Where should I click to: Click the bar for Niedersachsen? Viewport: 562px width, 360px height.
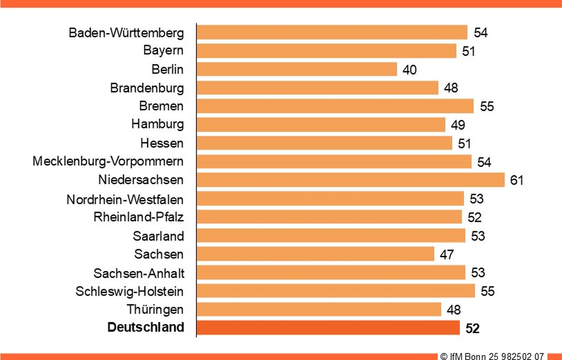click(350, 180)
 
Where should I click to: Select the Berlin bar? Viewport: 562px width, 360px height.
click(297, 69)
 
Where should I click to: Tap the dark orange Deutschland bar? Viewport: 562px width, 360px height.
click(328, 327)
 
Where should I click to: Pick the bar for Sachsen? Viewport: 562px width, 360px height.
click(315, 254)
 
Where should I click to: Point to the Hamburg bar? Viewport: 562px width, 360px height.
click(321, 124)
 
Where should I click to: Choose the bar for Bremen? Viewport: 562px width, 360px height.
click(335, 106)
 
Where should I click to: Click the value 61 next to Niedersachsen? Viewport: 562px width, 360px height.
click(516, 180)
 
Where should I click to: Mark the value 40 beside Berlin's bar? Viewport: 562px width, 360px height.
click(409, 70)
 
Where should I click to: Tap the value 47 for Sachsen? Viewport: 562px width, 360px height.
click(446, 254)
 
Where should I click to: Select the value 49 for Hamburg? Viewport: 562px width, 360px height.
click(458, 125)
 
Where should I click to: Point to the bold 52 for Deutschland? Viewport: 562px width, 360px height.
click(472, 328)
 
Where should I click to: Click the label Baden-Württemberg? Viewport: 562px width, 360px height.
click(126, 33)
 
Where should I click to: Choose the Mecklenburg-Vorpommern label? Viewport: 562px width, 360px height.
click(108, 161)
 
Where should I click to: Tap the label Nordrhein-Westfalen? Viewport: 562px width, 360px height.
click(125, 200)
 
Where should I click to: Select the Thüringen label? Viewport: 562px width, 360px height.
click(155, 309)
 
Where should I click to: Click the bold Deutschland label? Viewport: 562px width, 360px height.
click(146, 327)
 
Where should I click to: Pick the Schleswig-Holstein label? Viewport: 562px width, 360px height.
click(129, 291)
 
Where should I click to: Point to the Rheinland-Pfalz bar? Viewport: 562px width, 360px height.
click(329, 217)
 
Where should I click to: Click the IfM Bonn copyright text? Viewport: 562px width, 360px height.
click(492, 356)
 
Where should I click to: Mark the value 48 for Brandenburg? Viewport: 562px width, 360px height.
click(451, 88)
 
